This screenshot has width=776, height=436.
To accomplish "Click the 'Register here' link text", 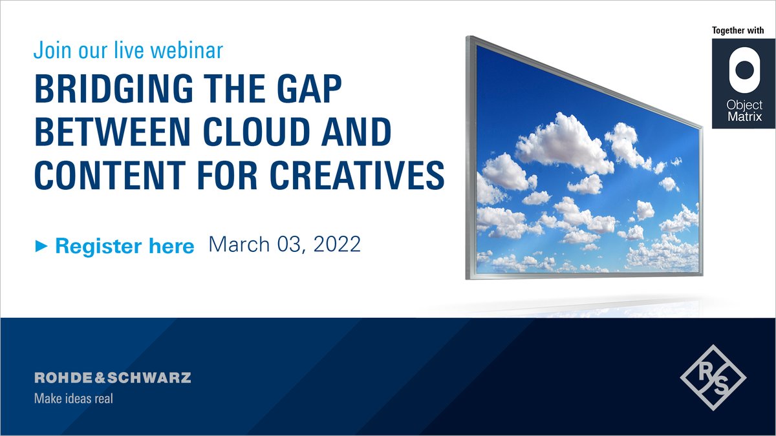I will click(x=124, y=246).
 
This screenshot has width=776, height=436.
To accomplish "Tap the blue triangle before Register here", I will click(x=41, y=246).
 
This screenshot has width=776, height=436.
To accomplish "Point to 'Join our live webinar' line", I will click(x=129, y=50).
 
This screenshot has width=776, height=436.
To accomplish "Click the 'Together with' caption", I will click(x=738, y=30).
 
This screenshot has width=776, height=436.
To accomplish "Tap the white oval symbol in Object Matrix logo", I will click(x=738, y=71).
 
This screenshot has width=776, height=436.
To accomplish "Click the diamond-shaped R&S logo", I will click(x=713, y=377).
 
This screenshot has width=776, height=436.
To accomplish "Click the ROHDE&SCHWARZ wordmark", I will click(x=113, y=378).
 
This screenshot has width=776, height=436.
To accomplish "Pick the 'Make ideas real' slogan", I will click(x=73, y=399).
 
